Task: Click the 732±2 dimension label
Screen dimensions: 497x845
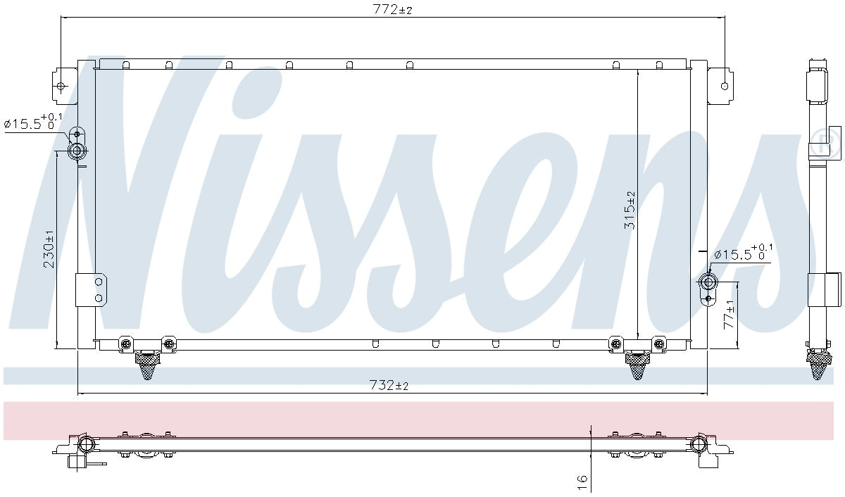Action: coord(389,386)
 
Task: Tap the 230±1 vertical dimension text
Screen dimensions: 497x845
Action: coord(49,249)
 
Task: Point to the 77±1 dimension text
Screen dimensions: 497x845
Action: coord(730,315)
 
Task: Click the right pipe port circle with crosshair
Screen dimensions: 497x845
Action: coord(708,282)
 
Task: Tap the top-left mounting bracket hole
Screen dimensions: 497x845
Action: coord(61,87)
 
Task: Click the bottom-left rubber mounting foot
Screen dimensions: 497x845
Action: coord(147,365)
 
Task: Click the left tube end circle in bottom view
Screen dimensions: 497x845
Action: coord(85,443)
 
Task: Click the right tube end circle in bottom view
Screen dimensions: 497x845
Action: coord(700,443)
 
